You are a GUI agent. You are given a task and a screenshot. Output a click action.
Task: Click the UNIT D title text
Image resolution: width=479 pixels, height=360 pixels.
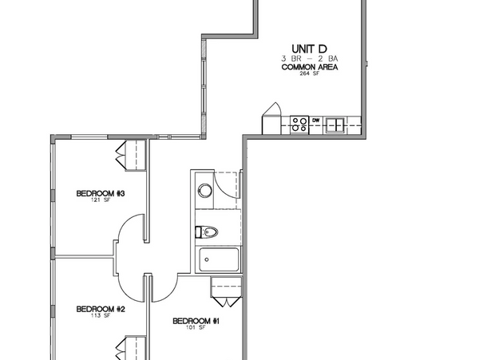309,49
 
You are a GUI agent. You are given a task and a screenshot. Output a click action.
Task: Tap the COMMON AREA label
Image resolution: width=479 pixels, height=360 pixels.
310,67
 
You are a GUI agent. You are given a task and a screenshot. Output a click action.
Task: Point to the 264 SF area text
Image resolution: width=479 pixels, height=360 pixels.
310,73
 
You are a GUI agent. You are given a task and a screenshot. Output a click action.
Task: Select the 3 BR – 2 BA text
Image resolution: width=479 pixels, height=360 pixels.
310,58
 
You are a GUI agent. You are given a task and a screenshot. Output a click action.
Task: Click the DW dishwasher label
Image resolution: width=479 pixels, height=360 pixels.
316,121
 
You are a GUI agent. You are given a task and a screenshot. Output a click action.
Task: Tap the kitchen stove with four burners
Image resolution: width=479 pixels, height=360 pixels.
299,125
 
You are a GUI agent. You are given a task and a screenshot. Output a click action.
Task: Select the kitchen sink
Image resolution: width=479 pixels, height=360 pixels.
335,125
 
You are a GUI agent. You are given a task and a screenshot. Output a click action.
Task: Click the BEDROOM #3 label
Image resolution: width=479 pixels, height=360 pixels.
101,194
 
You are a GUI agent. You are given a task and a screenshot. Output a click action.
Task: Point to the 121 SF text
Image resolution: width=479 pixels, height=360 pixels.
101,200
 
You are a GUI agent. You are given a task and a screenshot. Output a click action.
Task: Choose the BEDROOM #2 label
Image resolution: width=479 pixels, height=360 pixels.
101,310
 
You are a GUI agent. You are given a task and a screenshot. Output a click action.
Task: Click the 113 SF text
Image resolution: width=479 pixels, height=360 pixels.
101,316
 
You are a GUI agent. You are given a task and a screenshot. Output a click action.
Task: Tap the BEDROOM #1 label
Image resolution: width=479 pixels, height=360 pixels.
196,321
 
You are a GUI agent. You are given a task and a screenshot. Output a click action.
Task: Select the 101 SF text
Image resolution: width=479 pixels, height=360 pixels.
196,327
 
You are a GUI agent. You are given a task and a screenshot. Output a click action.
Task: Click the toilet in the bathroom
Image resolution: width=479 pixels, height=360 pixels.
207,232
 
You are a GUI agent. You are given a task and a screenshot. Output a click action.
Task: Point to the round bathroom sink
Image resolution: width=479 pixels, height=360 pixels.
204,191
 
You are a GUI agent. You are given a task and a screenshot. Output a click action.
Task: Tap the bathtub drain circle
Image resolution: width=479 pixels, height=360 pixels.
207,260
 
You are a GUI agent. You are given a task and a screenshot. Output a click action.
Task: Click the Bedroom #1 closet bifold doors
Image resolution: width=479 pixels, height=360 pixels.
227,302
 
